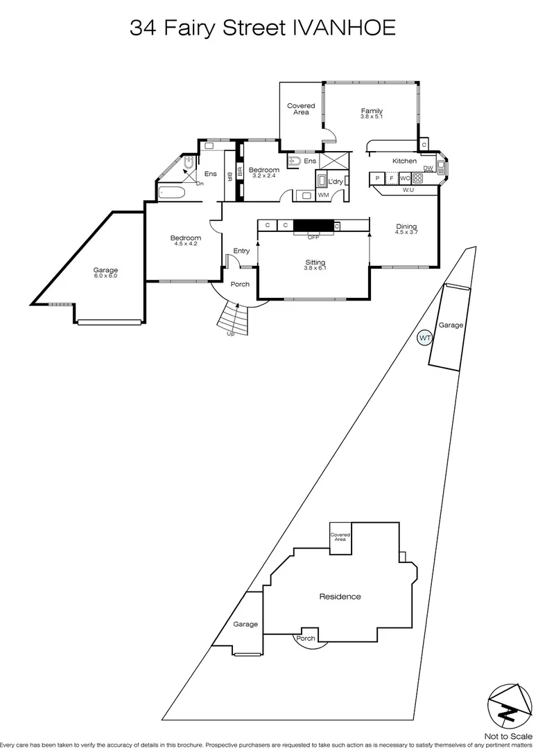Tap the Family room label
click(x=372, y=111)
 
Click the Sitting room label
click(x=315, y=262)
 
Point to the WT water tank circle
click(x=425, y=338)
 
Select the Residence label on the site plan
click(x=340, y=596)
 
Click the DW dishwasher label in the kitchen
click(x=428, y=168)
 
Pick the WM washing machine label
click(x=323, y=195)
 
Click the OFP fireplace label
click(x=314, y=237)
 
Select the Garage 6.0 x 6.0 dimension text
click(x=106, y=276)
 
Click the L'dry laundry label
click(x=336, y=181)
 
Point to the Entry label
click(x=241, y=251)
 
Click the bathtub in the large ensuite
click(x=172, y=192)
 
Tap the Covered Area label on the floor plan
click(x=301, y=109)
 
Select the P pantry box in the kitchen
click(x=377, y=178)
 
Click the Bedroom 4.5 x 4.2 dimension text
click(x=186, y=244)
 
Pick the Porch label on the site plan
click(x=305, y=638)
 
